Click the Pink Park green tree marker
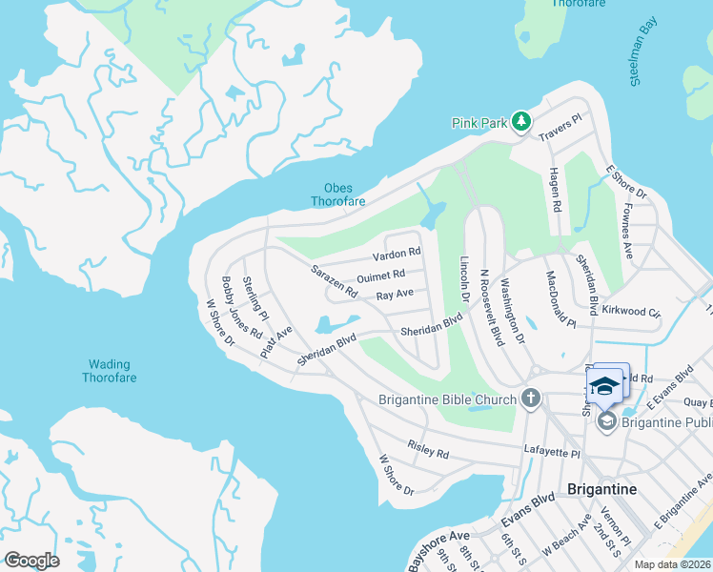point(520,121)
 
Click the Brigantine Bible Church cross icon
point(531,399)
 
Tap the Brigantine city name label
point(601,488)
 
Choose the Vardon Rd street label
point(396,254)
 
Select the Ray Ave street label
point(395,295)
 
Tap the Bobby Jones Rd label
point(241,307)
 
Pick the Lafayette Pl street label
point(552,447)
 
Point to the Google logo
point(31,560)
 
